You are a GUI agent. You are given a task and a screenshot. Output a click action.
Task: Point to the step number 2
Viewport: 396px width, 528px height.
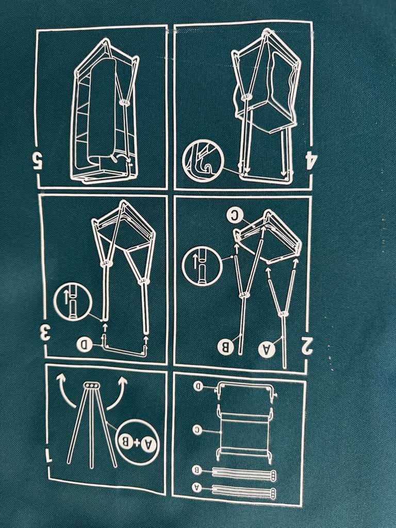pyautogui.click(x=307, y=347)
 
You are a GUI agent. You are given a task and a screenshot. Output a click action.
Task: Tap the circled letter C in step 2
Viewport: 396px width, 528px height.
pyautogui.click(x=235, y=216)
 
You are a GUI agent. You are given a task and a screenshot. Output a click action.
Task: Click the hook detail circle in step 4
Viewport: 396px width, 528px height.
pyautogui.click(x=202, y=162)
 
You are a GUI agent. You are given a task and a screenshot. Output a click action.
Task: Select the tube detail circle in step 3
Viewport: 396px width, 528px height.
pyautogui.click(x=73, y=302)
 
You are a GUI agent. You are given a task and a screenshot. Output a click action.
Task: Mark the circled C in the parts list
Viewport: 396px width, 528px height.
pyautogui.click(x=197, y=430)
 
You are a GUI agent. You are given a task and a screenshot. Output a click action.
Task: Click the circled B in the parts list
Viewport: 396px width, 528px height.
pyautogui.click(x=197, y=470)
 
